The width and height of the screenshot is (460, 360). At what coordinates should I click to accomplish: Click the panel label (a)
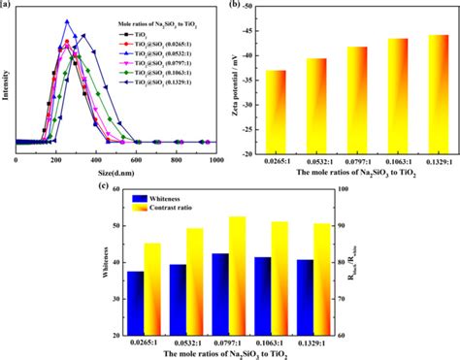(x=9, y=7)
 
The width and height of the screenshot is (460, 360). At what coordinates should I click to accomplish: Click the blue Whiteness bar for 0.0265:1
(x=136, y=303)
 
